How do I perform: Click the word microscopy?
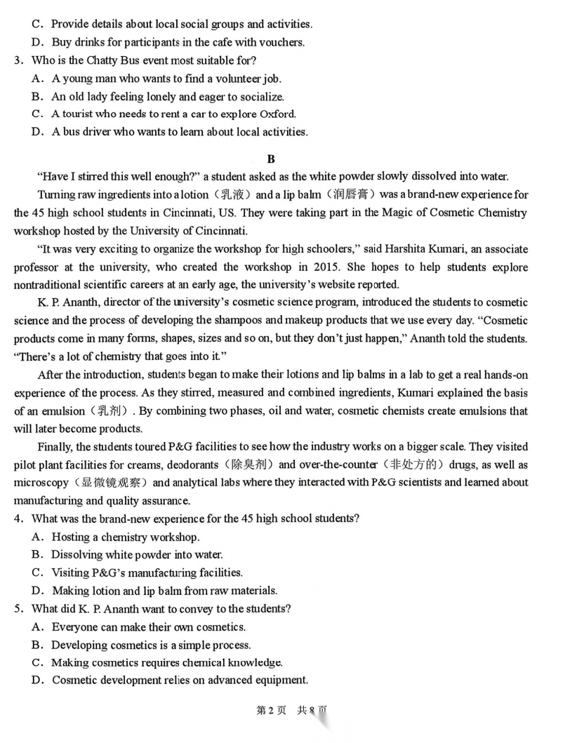pyautogui.click(x=39, y=483)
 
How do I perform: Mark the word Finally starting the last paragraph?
pyautogui.click(x=55, y=447)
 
